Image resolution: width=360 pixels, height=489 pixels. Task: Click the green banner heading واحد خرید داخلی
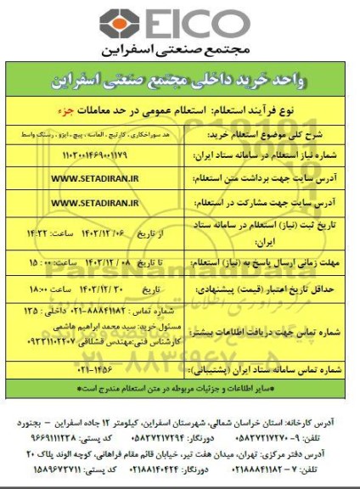coord(179,86)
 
